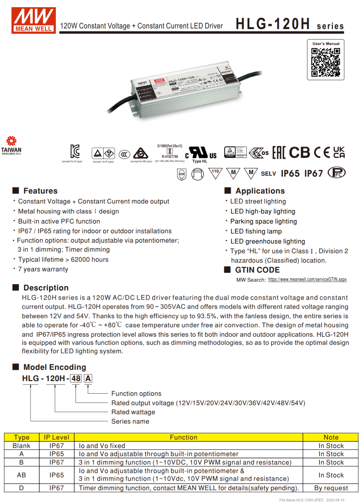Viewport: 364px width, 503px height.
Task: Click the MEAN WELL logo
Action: [34, 20]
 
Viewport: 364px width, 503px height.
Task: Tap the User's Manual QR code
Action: [325, 62]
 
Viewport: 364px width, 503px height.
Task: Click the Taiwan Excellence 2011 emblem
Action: [11, 145]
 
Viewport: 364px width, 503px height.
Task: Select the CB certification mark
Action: [299, 153]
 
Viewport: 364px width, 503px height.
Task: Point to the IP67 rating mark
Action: [313, 174]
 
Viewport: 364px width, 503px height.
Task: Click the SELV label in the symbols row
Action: [268, 174]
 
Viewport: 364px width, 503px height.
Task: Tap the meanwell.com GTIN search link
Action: [307, 279]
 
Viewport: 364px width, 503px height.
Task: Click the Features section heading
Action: [40, 191]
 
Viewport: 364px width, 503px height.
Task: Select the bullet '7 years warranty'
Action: [43, 269]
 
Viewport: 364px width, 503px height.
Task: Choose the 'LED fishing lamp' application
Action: [256, 231]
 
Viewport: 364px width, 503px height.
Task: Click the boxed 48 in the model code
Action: [76, 379]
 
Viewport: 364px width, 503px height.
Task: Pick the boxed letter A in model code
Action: [88, 379]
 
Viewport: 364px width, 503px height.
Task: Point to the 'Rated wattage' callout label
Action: [133, 412]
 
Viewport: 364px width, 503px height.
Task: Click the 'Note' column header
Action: [331, 437]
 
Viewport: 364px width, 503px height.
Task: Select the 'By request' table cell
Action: [331, 488]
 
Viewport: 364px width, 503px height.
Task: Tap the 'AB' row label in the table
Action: [21, 475]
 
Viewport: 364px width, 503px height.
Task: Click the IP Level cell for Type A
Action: [57, 454]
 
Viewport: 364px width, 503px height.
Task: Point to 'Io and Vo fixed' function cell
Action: [102, 446]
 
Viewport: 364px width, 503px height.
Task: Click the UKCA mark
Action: [339, 152]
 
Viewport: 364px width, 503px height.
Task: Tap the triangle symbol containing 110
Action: [215, 173]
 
